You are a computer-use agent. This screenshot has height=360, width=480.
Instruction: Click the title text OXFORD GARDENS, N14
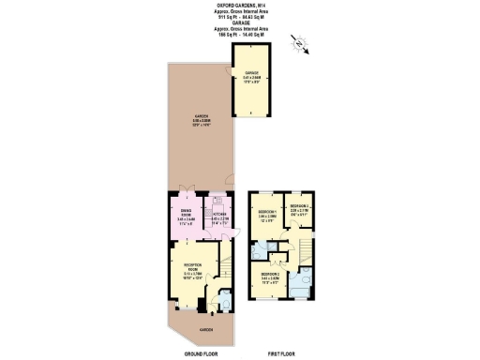pyautogui.click(x=239, y=6)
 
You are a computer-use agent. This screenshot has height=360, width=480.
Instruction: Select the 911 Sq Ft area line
pyautogui.click(x=239, y=17)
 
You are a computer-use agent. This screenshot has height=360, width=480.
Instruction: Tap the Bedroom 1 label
pyautogui.click(x=267, y=215)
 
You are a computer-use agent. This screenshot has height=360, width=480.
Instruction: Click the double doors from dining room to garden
pyautogui.click(x=186, y=193)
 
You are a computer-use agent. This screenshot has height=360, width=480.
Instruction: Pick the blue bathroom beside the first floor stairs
pyautogui.click(x=303, y=281)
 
